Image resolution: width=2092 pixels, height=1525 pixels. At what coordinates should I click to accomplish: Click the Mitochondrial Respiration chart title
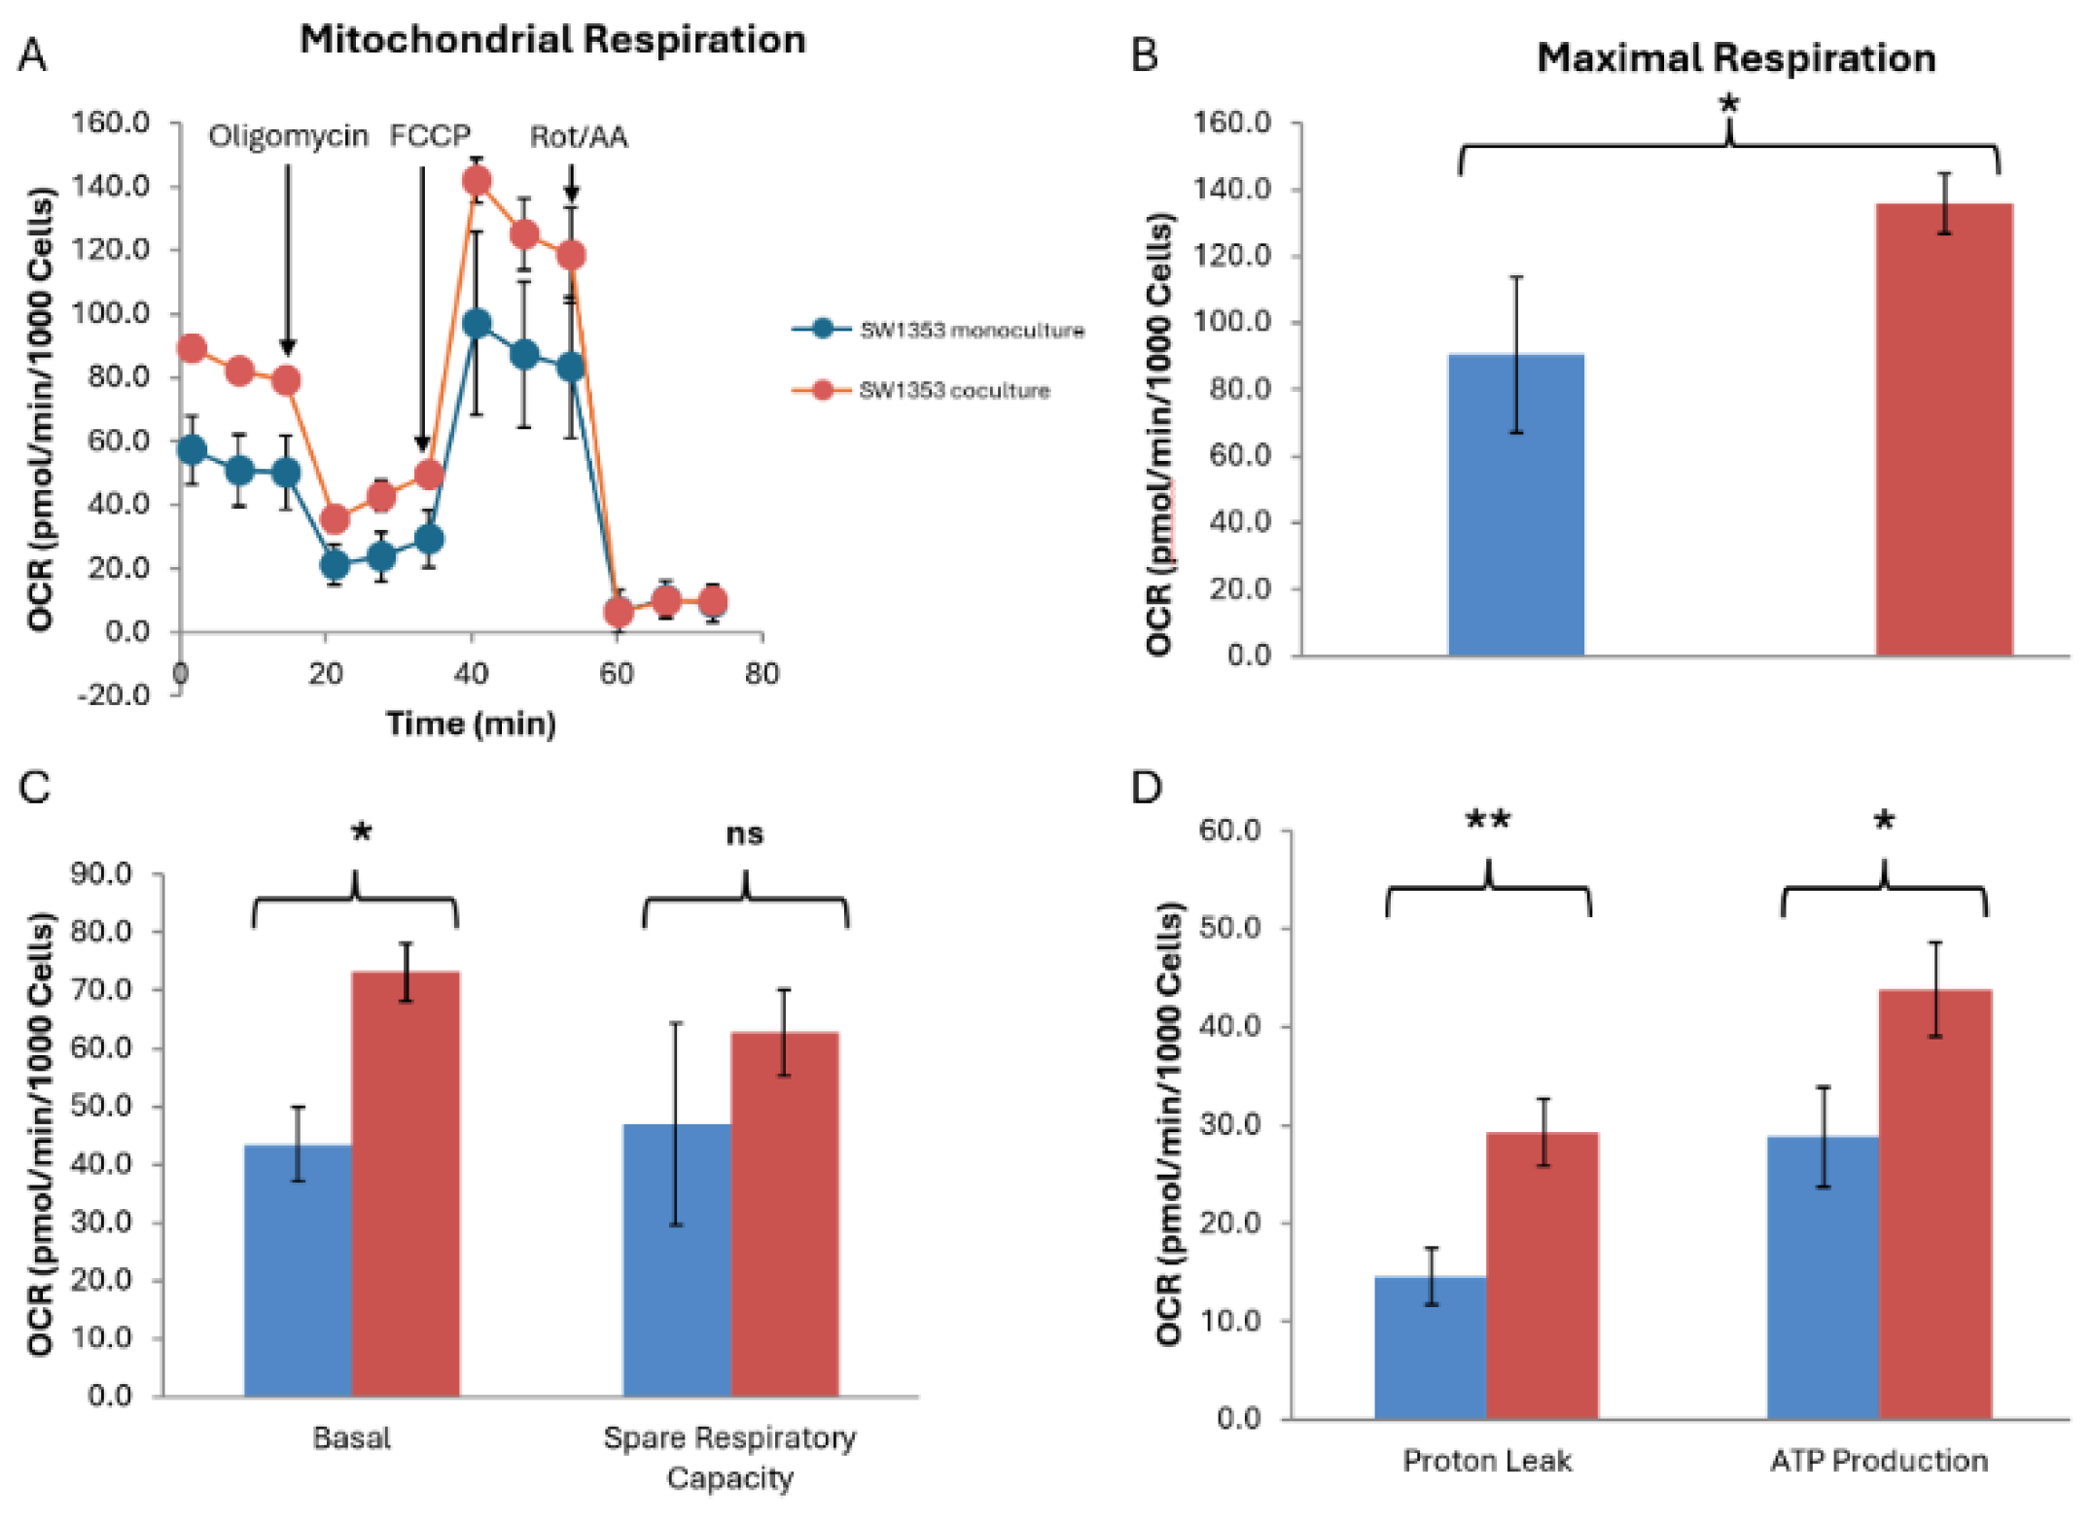point(552,40)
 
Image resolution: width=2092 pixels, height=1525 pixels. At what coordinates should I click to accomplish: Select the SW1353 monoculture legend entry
point(971,330)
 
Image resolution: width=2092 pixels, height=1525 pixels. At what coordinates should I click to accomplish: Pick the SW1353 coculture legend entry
point(953,390)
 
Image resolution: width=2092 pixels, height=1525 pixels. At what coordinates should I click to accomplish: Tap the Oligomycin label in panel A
point(288,136)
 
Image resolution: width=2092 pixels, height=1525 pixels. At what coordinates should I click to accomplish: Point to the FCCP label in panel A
point(430,135)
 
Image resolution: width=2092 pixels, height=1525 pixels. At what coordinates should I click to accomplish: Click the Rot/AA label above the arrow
point(579,137)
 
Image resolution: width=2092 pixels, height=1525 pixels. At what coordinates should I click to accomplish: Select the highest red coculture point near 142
point(477,181)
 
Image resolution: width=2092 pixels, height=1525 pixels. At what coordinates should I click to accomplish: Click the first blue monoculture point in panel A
point(193,449)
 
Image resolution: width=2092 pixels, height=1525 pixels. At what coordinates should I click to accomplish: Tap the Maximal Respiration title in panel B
point(1736,58)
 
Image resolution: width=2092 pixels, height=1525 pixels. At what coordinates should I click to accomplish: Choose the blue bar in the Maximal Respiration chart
point(1515,506)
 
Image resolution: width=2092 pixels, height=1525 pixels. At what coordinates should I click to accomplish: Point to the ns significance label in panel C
point(745,833)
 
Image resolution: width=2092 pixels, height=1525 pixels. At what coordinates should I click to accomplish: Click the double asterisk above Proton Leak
point(1488,820)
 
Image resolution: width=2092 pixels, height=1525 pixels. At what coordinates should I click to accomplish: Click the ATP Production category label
point(1879,1460)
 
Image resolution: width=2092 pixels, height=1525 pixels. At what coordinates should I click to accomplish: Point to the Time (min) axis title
point(471,724)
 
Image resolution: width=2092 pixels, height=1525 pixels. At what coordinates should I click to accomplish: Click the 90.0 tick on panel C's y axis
point(101,874)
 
